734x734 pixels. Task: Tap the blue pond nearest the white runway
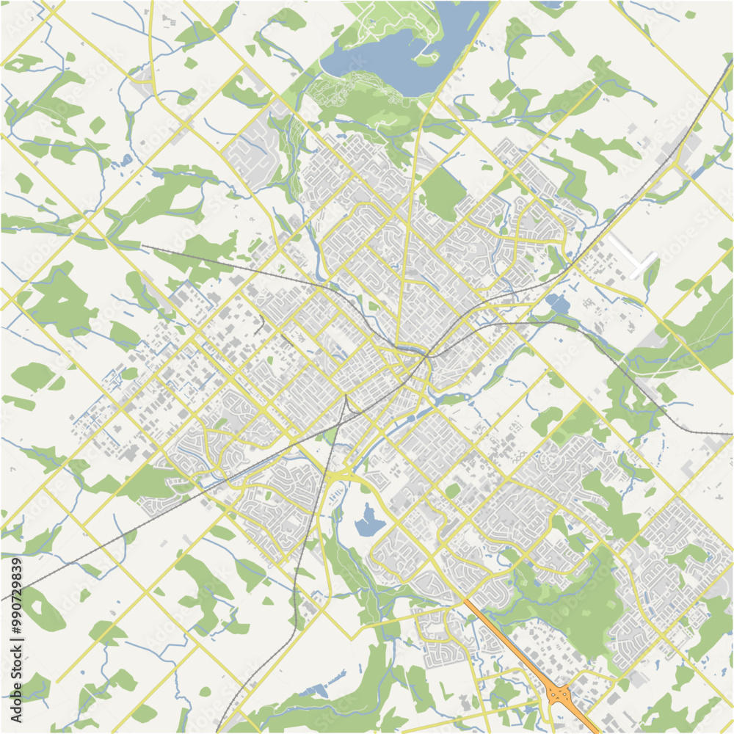[x=558, y=302]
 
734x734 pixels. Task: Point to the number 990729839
[x=17, y=595]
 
